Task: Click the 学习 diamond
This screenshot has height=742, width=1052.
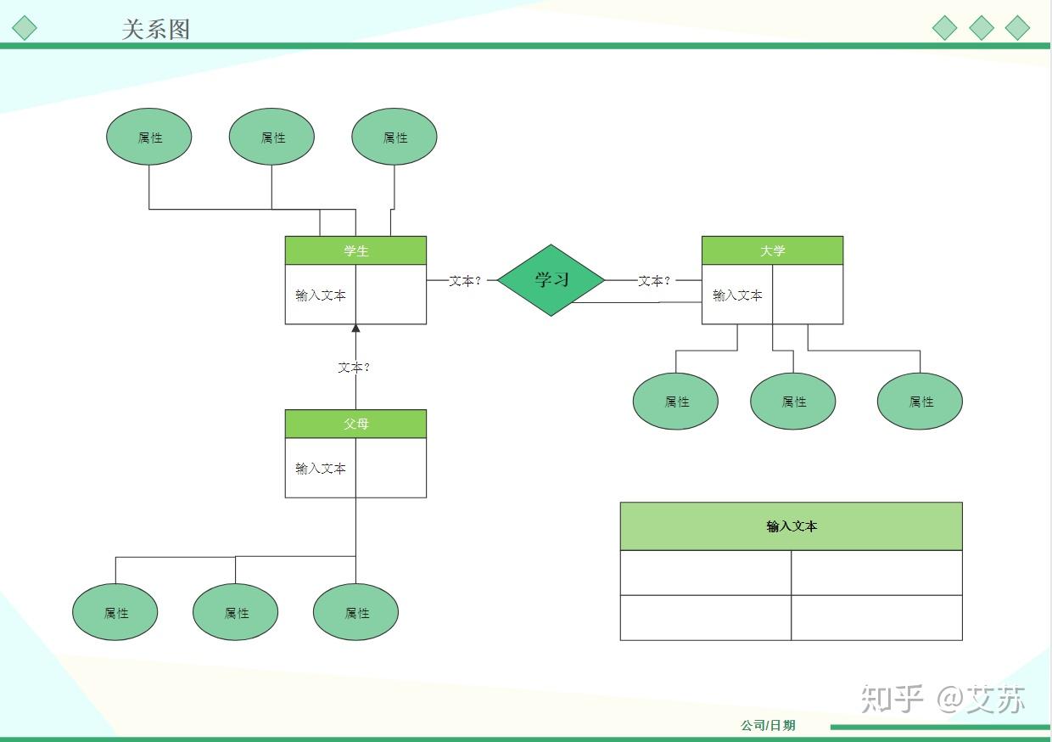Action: [551, 280]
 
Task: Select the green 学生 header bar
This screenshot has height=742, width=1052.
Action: [355, 250]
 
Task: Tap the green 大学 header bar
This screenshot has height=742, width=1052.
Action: [772, 250]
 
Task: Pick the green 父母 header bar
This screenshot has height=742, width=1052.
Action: [355, 424]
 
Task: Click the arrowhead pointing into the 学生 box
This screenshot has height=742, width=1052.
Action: [355, 328]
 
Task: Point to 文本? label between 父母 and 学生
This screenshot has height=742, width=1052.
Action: [354, 368]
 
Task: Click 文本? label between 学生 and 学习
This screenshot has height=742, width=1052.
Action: [464, 280]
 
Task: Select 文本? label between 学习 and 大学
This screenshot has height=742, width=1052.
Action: [653, 280]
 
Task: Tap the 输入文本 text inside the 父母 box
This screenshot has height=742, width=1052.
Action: [321, 468]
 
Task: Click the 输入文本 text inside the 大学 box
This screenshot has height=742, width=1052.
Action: [737, 295]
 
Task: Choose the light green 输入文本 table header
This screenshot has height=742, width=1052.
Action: [791, 526]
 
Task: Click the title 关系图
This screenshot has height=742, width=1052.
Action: [155, 29]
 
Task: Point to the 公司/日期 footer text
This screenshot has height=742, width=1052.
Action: [768, 725]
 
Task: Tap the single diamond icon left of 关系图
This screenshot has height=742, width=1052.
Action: [25, 28]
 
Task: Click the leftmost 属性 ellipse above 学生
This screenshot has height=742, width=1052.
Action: [149, 137]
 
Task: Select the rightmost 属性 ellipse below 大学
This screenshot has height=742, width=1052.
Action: [920, 402]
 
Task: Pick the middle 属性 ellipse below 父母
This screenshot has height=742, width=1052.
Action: [235, 612]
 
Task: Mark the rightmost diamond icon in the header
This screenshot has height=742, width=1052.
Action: [1017, 28]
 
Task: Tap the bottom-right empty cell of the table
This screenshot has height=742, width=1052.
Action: [876, 617]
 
